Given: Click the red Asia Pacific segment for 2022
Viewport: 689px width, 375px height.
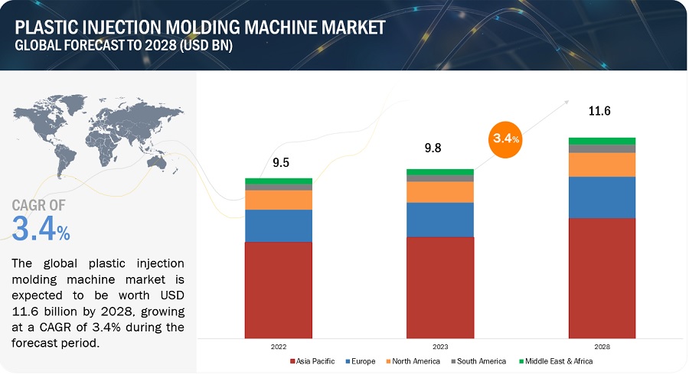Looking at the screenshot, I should point(279,289).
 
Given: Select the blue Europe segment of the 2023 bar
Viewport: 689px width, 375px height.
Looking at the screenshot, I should point(440,220).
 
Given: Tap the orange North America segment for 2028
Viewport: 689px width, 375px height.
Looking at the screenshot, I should point(602,165).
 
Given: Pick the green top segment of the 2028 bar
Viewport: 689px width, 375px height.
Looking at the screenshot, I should point(602,141).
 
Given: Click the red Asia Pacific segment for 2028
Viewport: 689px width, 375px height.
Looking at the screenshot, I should point(602,277).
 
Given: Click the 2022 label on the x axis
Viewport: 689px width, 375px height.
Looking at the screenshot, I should point(279,346).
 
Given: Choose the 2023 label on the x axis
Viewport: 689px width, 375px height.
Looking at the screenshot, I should point(440,346).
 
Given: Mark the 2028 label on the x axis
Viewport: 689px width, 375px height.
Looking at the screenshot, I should point(602,346).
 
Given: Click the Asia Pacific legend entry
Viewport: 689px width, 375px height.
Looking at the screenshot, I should point(315,361).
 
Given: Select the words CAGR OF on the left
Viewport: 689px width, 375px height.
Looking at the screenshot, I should point(39,205).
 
